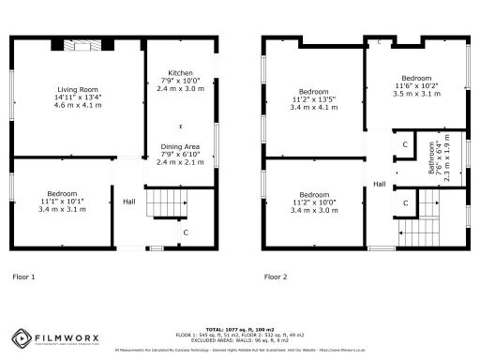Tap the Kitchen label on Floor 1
point(180,73)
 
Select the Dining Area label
point(180,147)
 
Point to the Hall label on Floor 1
point(129,201)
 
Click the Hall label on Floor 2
point(380,184)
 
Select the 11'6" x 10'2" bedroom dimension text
point(415,85)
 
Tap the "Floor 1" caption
point(23,277)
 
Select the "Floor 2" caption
point(276,277)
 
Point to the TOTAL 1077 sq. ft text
point(238,329)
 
